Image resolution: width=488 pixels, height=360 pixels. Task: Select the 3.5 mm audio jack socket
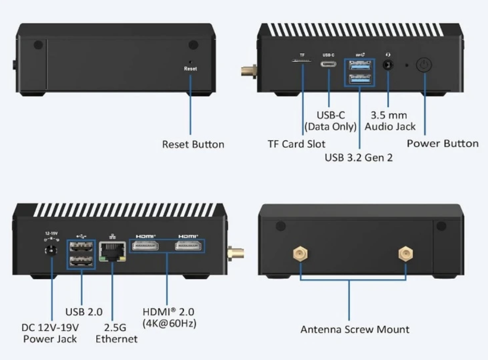(x=388, y=65)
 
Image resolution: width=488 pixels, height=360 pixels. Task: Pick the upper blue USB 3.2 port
(x=359, y=65)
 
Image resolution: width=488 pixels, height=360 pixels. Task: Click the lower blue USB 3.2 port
(x=359, y=78)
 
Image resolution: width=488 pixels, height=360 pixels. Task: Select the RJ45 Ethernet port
(x=112, y=250)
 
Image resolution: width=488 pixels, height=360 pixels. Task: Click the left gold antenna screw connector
(x=299, y=255)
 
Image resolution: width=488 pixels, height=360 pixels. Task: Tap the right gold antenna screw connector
(x=405, y=255)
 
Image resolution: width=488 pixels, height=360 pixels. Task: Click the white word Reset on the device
(x=191, y=69)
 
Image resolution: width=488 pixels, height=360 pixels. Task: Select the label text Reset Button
(x=193, y=144)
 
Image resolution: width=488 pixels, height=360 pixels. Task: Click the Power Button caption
(x=442, y=143)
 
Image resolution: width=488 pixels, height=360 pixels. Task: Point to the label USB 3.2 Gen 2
(x=359, y=158)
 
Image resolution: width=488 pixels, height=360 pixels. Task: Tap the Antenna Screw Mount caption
(x=355, y=329)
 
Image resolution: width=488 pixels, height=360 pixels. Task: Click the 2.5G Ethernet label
(x=116, y=333)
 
